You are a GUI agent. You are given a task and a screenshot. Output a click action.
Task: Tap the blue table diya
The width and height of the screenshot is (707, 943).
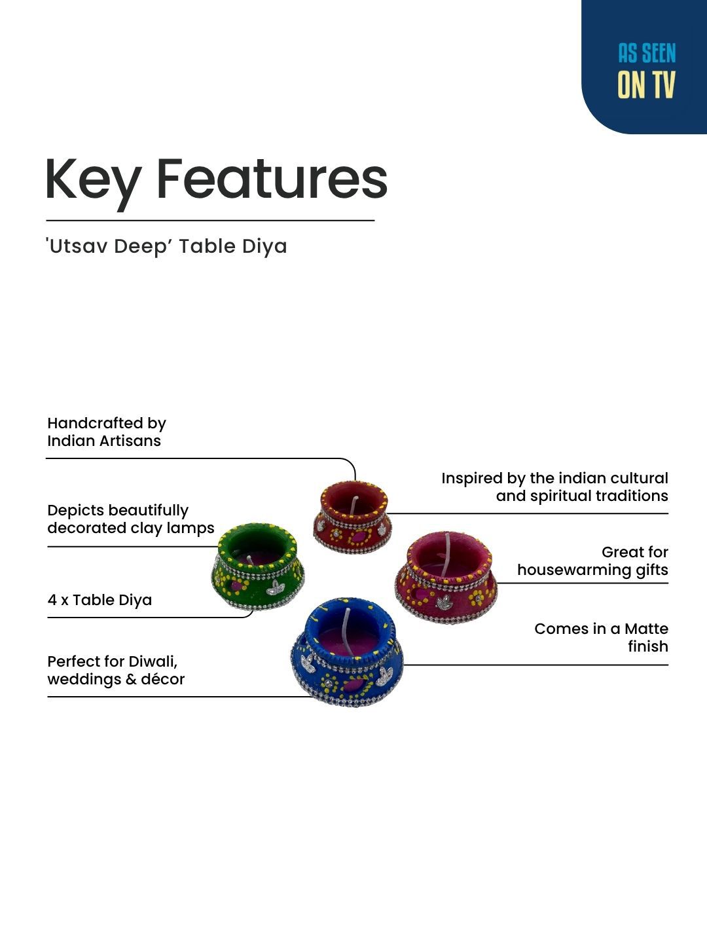click(x=347, y=652)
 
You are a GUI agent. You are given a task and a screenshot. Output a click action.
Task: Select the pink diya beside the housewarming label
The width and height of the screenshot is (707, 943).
click(x=446, y=578)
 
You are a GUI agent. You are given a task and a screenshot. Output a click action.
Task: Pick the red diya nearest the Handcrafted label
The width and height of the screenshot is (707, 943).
click(x=352, y=517)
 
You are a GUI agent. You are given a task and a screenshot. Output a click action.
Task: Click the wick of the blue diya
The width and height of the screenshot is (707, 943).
click(x=348, y=631)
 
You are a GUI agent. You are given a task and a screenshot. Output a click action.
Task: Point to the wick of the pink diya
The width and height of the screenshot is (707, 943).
click(x=447, y=554)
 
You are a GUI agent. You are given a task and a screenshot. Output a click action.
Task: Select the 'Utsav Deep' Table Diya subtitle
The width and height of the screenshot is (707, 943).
click(x=166, y=247)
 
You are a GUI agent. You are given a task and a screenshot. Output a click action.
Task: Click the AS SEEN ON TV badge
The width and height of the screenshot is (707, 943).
click(x=644, y=67)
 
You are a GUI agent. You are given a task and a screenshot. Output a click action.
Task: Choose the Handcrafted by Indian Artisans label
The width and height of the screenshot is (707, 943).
click(x=107, y=432)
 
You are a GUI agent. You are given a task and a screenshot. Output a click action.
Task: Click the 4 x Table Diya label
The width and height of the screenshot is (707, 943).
click(x=100, y=600)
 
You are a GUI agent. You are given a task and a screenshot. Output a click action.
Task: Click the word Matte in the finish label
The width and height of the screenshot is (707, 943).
click(x=647, y=629)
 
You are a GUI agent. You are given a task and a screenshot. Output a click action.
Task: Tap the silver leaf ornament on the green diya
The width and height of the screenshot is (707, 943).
click(x=275, y=587)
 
